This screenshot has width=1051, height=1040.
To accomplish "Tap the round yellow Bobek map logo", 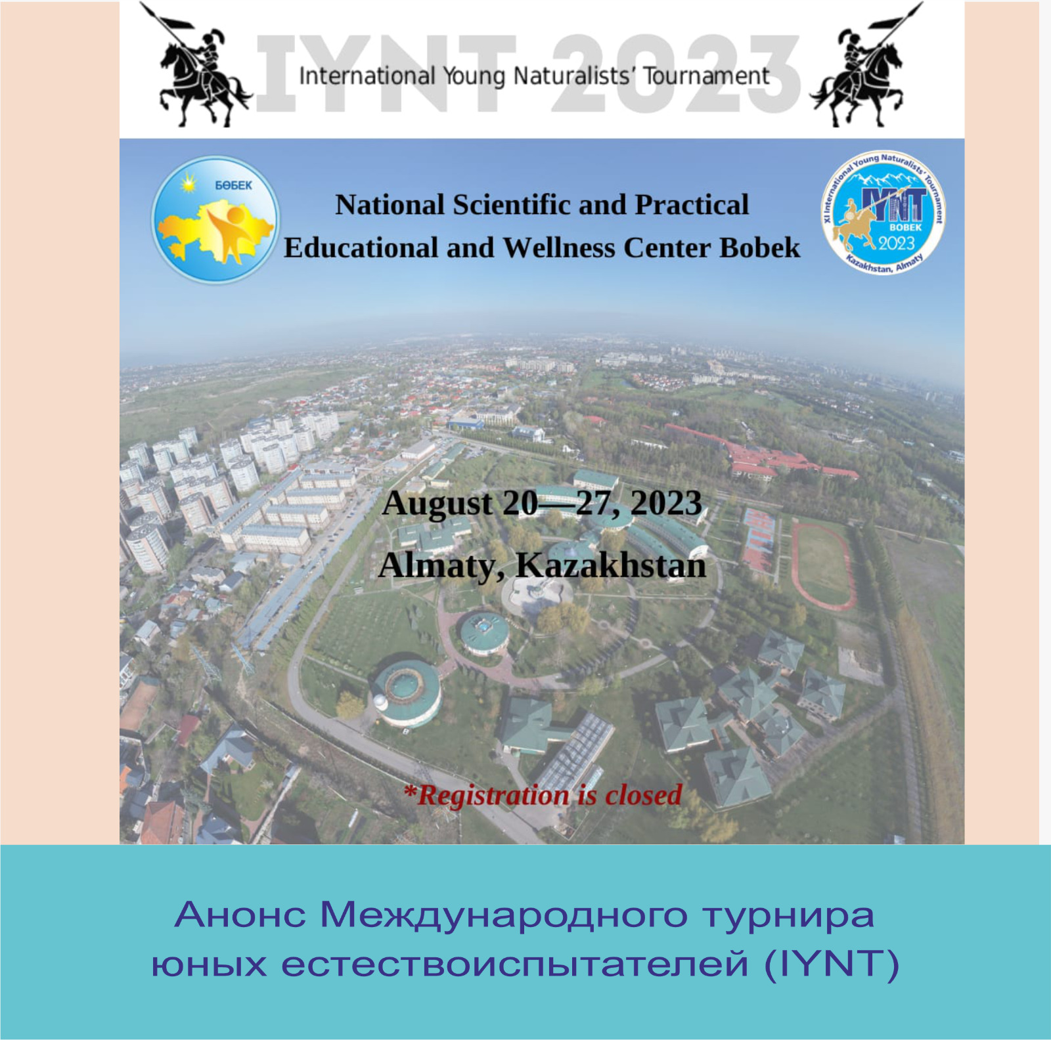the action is tap(215, 220).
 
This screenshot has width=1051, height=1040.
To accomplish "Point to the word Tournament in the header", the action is tap(705, 76).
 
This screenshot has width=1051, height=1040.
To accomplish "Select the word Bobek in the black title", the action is tap(760, 248).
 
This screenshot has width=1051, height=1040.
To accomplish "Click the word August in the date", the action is tap(437, 504).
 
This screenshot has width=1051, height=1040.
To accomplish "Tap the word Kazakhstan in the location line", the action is tap(611, 565).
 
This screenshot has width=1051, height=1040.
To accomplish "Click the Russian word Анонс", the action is tap(240, 915).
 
